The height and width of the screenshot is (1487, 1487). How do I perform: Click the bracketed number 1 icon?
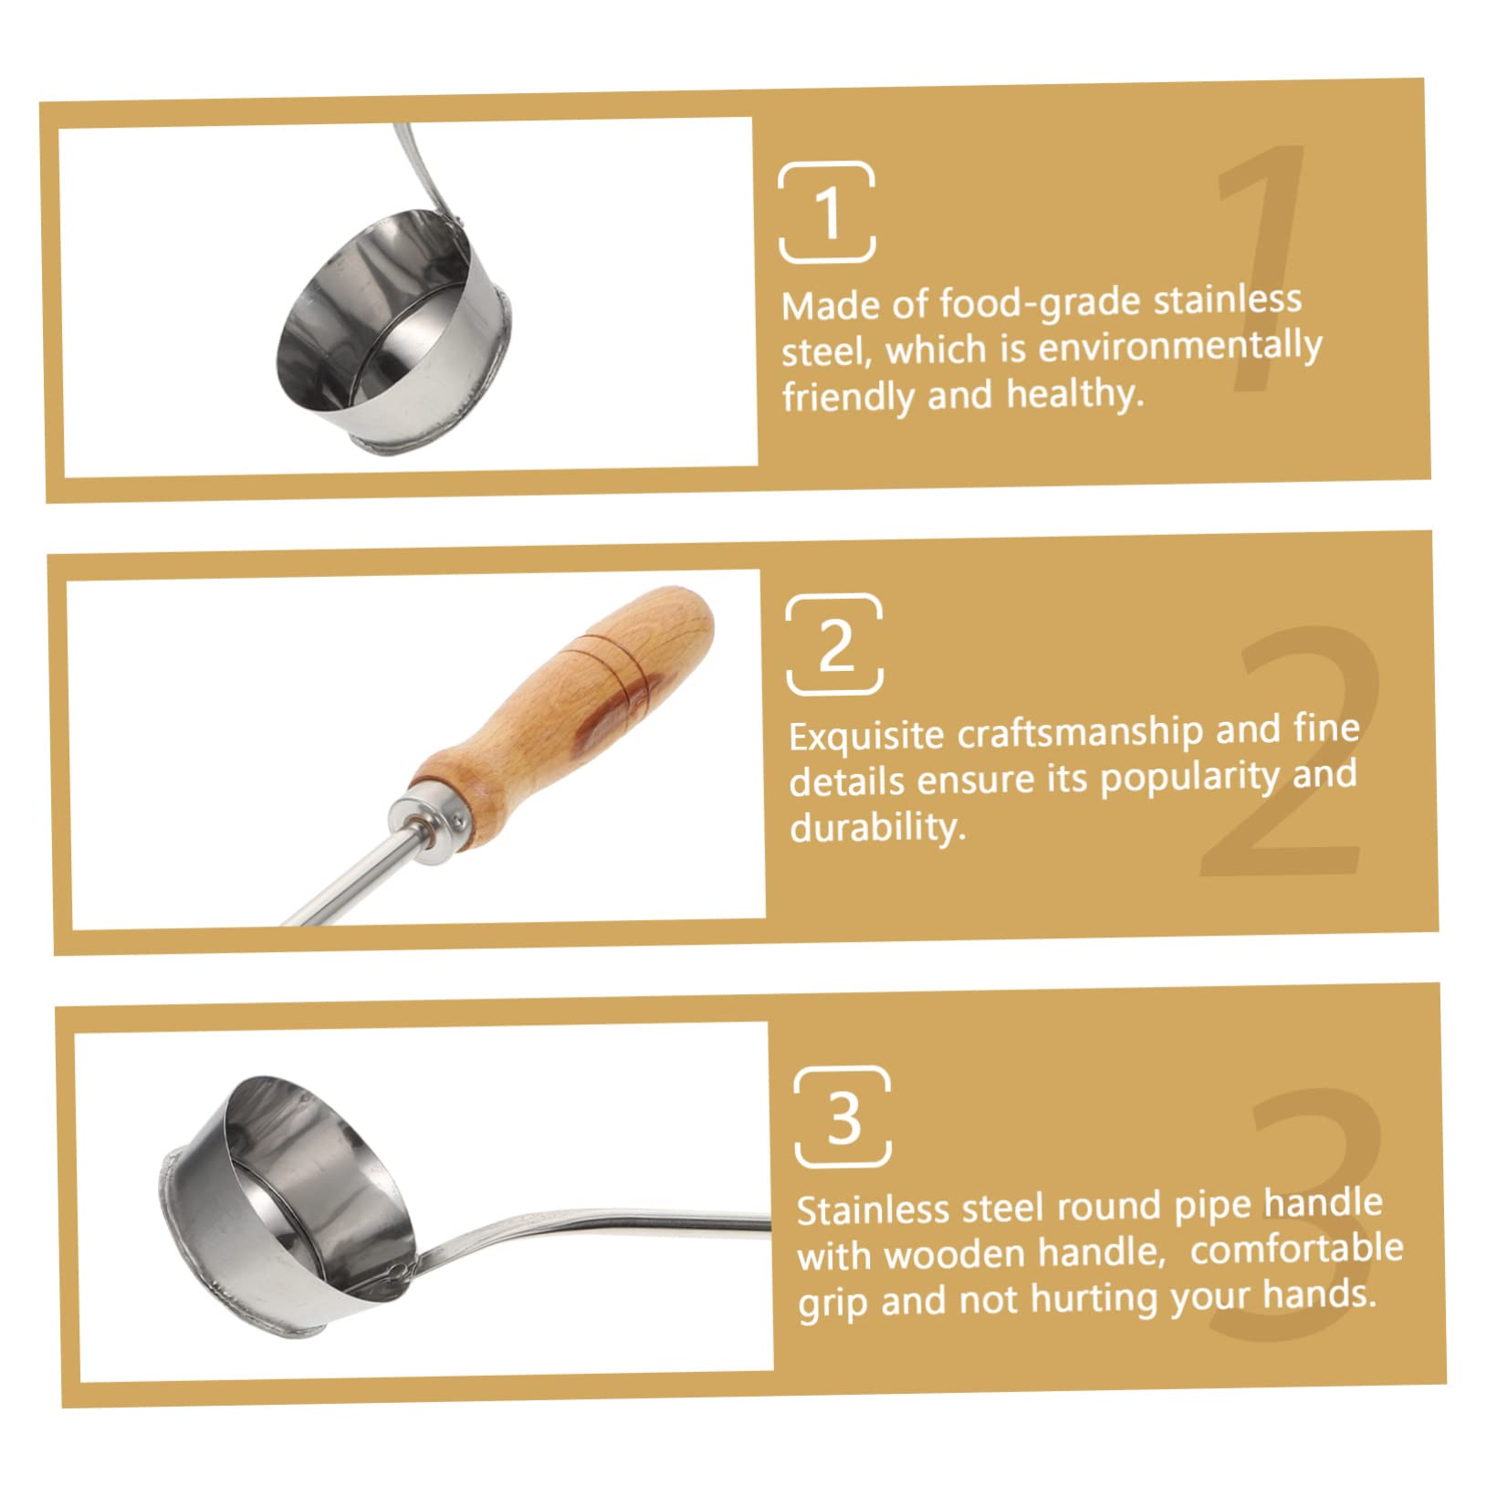[x=827, y=213]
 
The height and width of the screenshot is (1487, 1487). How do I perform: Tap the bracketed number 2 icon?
[x=834, y=644]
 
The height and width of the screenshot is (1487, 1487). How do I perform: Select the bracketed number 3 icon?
[x=843, y=1117]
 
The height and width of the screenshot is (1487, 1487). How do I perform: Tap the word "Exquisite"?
[x=866, y=736]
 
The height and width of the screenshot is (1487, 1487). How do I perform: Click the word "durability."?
[x=877, y=828]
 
